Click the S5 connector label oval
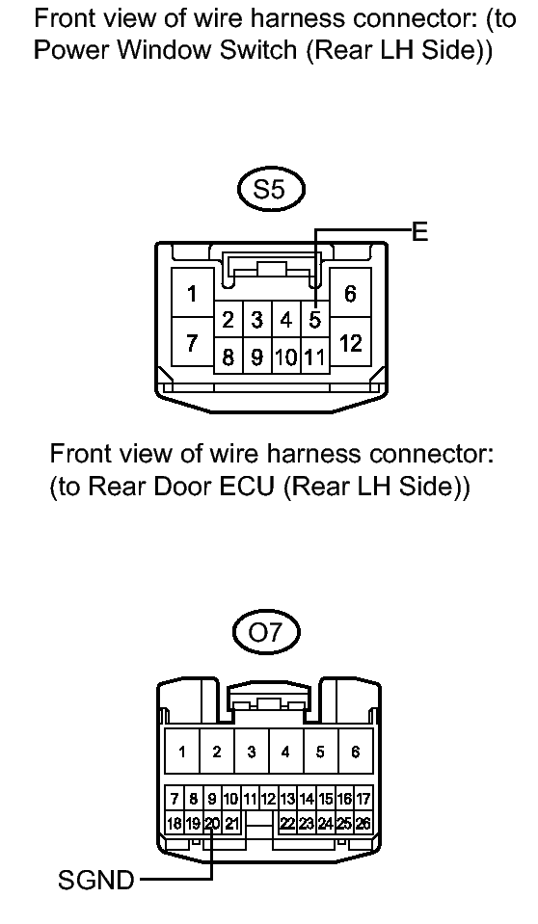pyautogui.click(x=271, y=189)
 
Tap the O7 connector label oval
pyautogui.click(x=267, y=633)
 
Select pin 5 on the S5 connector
pyautogui.click(x=315, y=320)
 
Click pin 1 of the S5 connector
pyautogui.click(x=192, y=293)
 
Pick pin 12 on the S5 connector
pyautogui.click(x=350, y=342)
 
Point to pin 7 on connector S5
pyautogui.click(x=192, y=342)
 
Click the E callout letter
pyautogui.click(x=419, y=232)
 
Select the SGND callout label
pyautogui.click(x=96, y=881)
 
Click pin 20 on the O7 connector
pyautogui.click(x=212, y=823)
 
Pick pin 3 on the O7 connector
pyautogui.click(x=252, y=752)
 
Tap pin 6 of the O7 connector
pyautogui.click(x=355, y=752)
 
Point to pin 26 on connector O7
pyautogui.click(x=363, y=823)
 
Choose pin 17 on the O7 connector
pyautogui.click(x=363, y=799)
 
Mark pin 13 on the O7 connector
pyautogui.click(x=287, y=799)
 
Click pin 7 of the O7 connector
pyautogui.click(x=175, y=799)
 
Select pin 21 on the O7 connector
pyautogui.click(x=231, y=823)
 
